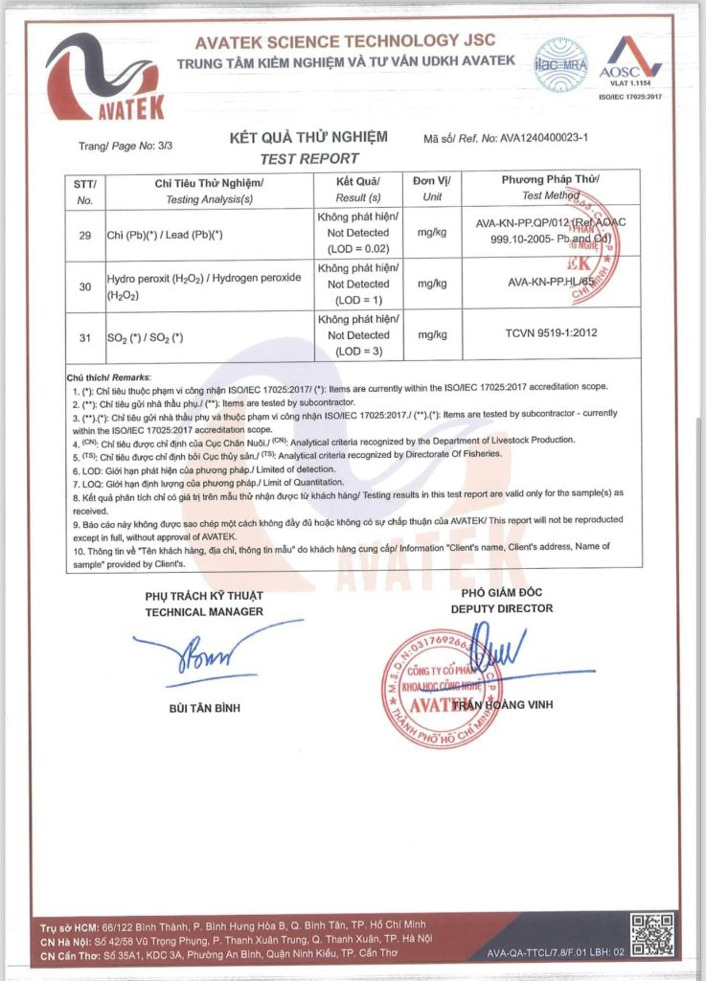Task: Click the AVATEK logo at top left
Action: [105, 79]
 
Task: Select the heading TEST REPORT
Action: [309, 158]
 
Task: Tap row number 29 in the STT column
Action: [84, 233]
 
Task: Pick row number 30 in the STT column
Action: [84, 285]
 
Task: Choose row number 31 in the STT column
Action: [84, 335]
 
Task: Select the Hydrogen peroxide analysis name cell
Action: [204, 285]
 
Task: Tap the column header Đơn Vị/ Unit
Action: [432, 188]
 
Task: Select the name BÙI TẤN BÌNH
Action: [204, 708]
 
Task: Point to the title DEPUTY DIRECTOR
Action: [501, 608]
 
